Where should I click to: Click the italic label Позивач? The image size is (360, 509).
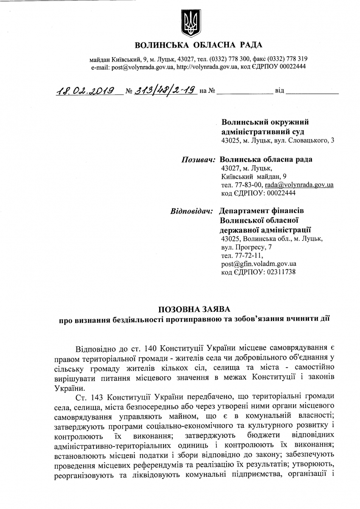(x=198, y=160)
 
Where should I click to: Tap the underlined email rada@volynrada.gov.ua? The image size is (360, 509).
(x=299, y=185)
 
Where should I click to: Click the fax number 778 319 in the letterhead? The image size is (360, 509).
(x=296, y=59)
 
